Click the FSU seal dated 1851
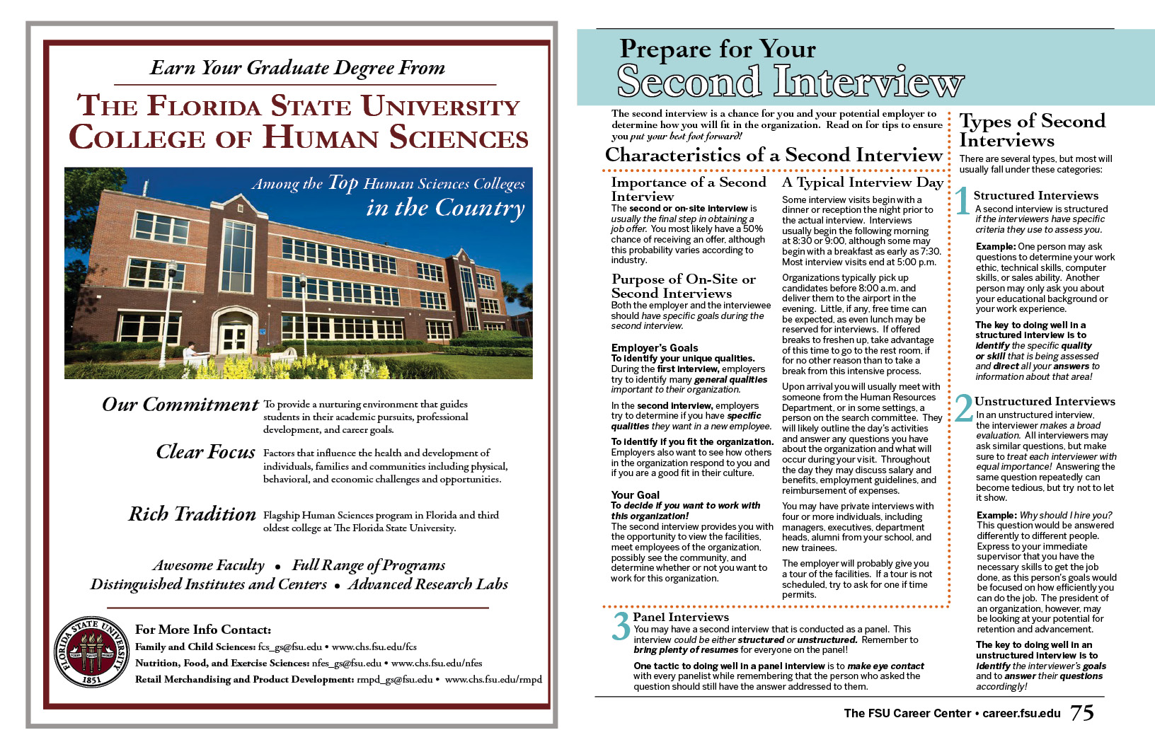tap(91, 652)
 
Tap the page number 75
tap(1082, 712)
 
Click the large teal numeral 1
tap(962, 201)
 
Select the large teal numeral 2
tap(964, 408)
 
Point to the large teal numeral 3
tap(621, 626)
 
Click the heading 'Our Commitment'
tap(180, 405)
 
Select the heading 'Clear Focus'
tap(206, 452)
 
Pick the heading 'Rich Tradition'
tap(192, 514)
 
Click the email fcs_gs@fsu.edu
tap(290, 647)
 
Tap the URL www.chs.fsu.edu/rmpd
tap(493, 679)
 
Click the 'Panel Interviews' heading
tap(680, 617)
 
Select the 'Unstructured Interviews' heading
tap(1045, 401)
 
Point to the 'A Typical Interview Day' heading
tap(863, 182)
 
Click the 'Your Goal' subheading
tap(636, 495)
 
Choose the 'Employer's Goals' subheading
tap(655, 347)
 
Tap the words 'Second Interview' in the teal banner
tap(790, 82)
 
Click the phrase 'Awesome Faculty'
tap(209, 565)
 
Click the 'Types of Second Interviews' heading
tap(1031, 130)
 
